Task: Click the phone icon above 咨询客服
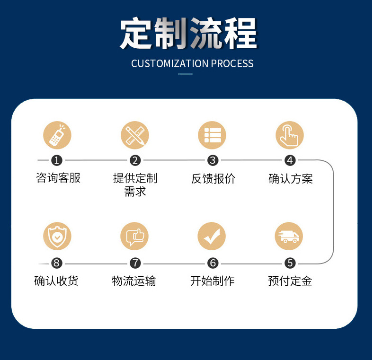pos(57,135)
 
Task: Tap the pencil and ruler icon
pos(134,135)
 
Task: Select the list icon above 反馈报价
pos(212,135)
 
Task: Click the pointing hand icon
pos(289,135)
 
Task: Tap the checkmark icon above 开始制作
pos(212,237)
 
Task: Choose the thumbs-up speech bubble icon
pos(134,237)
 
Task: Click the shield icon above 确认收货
pos(57,237)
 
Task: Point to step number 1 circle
pos(57,160)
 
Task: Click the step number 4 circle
pos(290,160)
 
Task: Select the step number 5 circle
pos(290,263)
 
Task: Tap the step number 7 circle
pos(135,263)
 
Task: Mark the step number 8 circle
pos(57,263)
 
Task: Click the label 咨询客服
pos(58,178)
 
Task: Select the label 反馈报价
pos(213,178)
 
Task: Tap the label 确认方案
pos(290,178)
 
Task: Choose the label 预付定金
pos(290,281)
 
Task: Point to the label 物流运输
pos(134,281)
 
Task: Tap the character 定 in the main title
pos(137,34)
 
